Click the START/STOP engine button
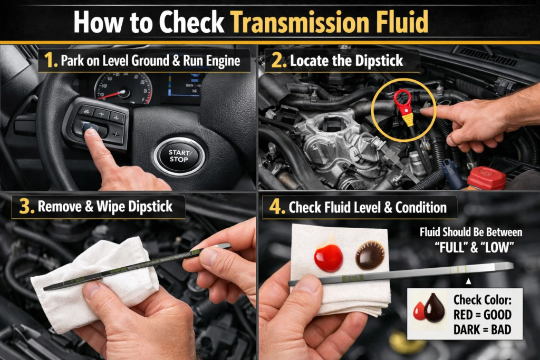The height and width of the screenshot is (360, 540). [x=179, y=156]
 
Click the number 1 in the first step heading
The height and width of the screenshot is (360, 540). [x=51, y=61]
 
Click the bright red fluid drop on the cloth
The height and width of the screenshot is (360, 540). [x=328, y=257]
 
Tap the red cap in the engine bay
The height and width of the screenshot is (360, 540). [x=486, y=178]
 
